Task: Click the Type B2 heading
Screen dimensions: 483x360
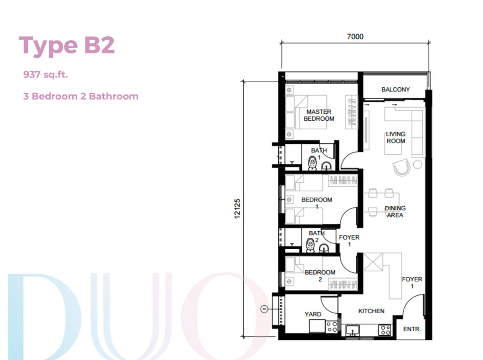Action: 67,46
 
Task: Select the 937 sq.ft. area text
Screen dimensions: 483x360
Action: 46,75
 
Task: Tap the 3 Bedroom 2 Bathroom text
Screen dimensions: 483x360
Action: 81,96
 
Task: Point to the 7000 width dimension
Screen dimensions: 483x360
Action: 355,36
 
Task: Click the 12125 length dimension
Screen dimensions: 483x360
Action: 237,209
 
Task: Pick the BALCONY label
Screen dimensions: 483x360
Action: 396,89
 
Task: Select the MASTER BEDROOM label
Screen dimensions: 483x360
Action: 319,115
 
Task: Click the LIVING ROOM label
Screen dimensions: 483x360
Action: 396,137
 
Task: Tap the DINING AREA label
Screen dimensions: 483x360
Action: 395,212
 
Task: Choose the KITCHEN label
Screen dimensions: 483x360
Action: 371,311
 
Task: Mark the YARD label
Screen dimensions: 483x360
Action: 313,314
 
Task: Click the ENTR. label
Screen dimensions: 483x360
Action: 412,329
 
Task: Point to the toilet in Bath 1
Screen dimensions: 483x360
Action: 312,163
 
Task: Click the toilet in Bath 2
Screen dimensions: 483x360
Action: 310,245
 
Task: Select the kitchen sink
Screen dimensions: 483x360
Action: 352,330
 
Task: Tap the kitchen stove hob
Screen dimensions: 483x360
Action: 385,330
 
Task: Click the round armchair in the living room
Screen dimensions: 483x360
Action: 402,167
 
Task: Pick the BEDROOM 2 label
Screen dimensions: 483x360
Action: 320,276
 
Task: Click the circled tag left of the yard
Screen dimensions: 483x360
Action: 264,309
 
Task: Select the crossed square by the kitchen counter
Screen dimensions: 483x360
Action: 373,262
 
